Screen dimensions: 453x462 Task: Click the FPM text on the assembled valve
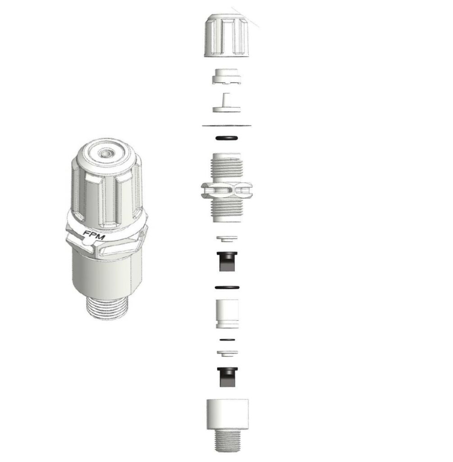click(94, 235)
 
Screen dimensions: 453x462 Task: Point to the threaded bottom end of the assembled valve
click(108, 308)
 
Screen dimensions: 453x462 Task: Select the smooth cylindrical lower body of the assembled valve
click(107, 274)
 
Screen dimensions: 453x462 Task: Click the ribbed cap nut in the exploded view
click(227, 35)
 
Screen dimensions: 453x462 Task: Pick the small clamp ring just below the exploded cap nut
click(227, 76)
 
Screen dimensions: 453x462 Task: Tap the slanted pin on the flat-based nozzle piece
click(226, 100)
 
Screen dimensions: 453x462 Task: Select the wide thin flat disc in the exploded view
click(227, 126)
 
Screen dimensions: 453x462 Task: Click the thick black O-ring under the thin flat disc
click(227, 138)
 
